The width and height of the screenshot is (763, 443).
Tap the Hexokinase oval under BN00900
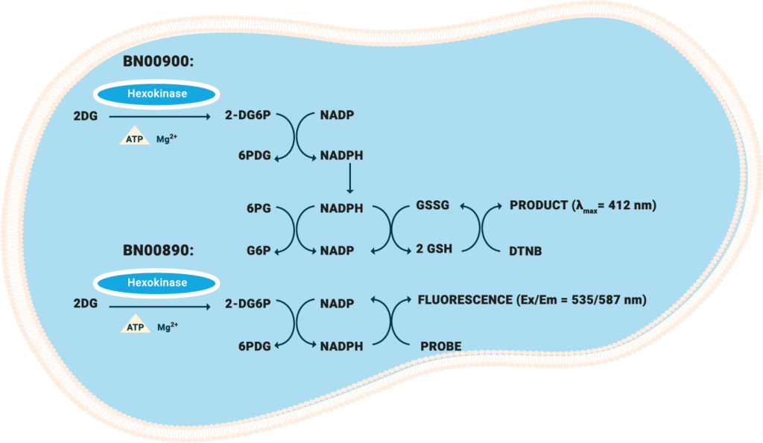(x=156, y=95)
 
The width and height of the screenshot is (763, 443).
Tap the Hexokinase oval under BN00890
(x=156, y=283)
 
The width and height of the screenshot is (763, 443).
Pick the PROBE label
(x=440, y=346)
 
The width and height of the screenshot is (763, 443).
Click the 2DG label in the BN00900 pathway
(x=86, y=116)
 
